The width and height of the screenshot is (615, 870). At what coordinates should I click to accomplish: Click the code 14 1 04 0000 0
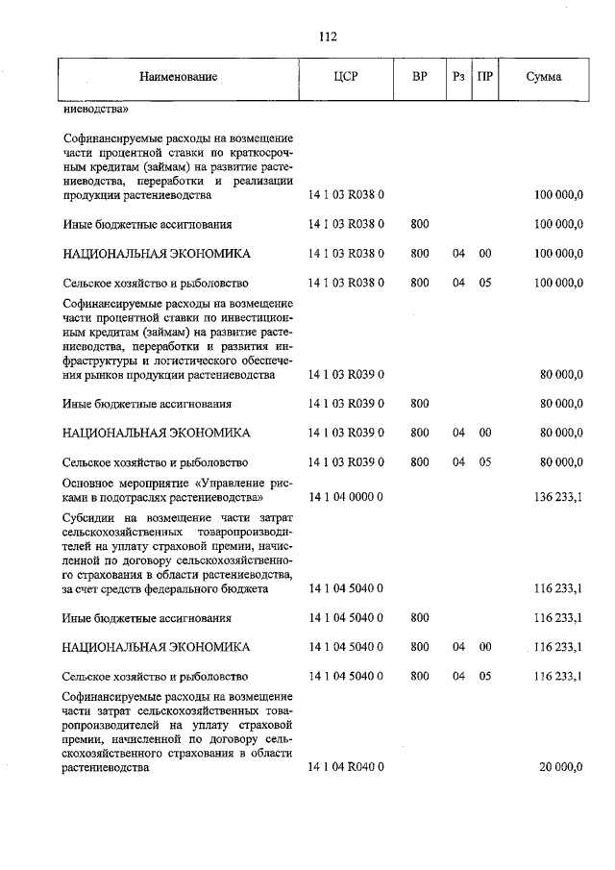(x=346, y=498)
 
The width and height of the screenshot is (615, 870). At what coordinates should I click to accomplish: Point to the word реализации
(x=261, y=182)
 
